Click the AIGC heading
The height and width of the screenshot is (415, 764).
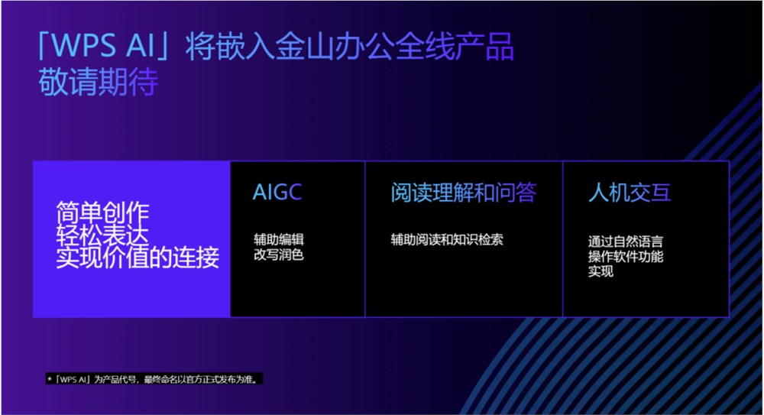click(277, 192)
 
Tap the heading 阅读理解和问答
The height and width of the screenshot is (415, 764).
click(463, 193)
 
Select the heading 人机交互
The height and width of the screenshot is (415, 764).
click(630, 193)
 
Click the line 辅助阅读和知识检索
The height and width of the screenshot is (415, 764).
click(447, 239)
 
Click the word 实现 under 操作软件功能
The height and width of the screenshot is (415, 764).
click(601, 271)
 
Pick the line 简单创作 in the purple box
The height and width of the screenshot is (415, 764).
click(103, 212)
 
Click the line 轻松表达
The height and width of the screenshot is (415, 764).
click(103, 235)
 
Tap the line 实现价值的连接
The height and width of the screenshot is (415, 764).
click(138, 258)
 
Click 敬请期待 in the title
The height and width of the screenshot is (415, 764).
click(98, 83)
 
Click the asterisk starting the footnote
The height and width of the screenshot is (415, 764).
click(50, 379)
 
